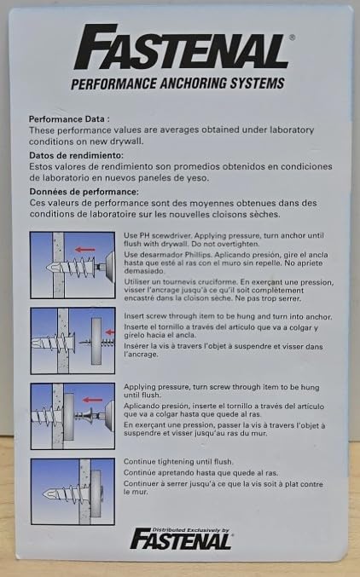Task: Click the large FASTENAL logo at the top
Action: pyautogui.click(x=182, y=48)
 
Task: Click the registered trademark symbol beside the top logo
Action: pyautogui.click(x=293, y=38)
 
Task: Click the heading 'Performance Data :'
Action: pyautogui.click(x=69, y=119)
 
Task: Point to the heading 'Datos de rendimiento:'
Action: pyautogui.click(x=76, y=155)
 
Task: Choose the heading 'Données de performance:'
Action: pyautogui.click(x=84, y=192)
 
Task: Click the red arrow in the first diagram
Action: pyautogui.click(x=85, y=250)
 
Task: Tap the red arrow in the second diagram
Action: pyautogui.click(x=110, y=332)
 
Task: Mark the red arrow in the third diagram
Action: pyautogui.click(x=92, y=400)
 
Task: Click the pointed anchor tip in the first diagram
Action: pyautogui.click(x=50, y=267)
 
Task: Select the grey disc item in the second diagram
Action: pyautogui.click(x=96, y=341)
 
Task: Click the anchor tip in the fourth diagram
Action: pyautogui.click(x=47, y=493)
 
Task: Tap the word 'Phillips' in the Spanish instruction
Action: pyautogui.click(x=199, y=255)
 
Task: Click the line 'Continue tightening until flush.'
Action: pyautogui.click(x=178, y=461)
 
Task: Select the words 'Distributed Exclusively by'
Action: pyautogui.click(x=191, y=530)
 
